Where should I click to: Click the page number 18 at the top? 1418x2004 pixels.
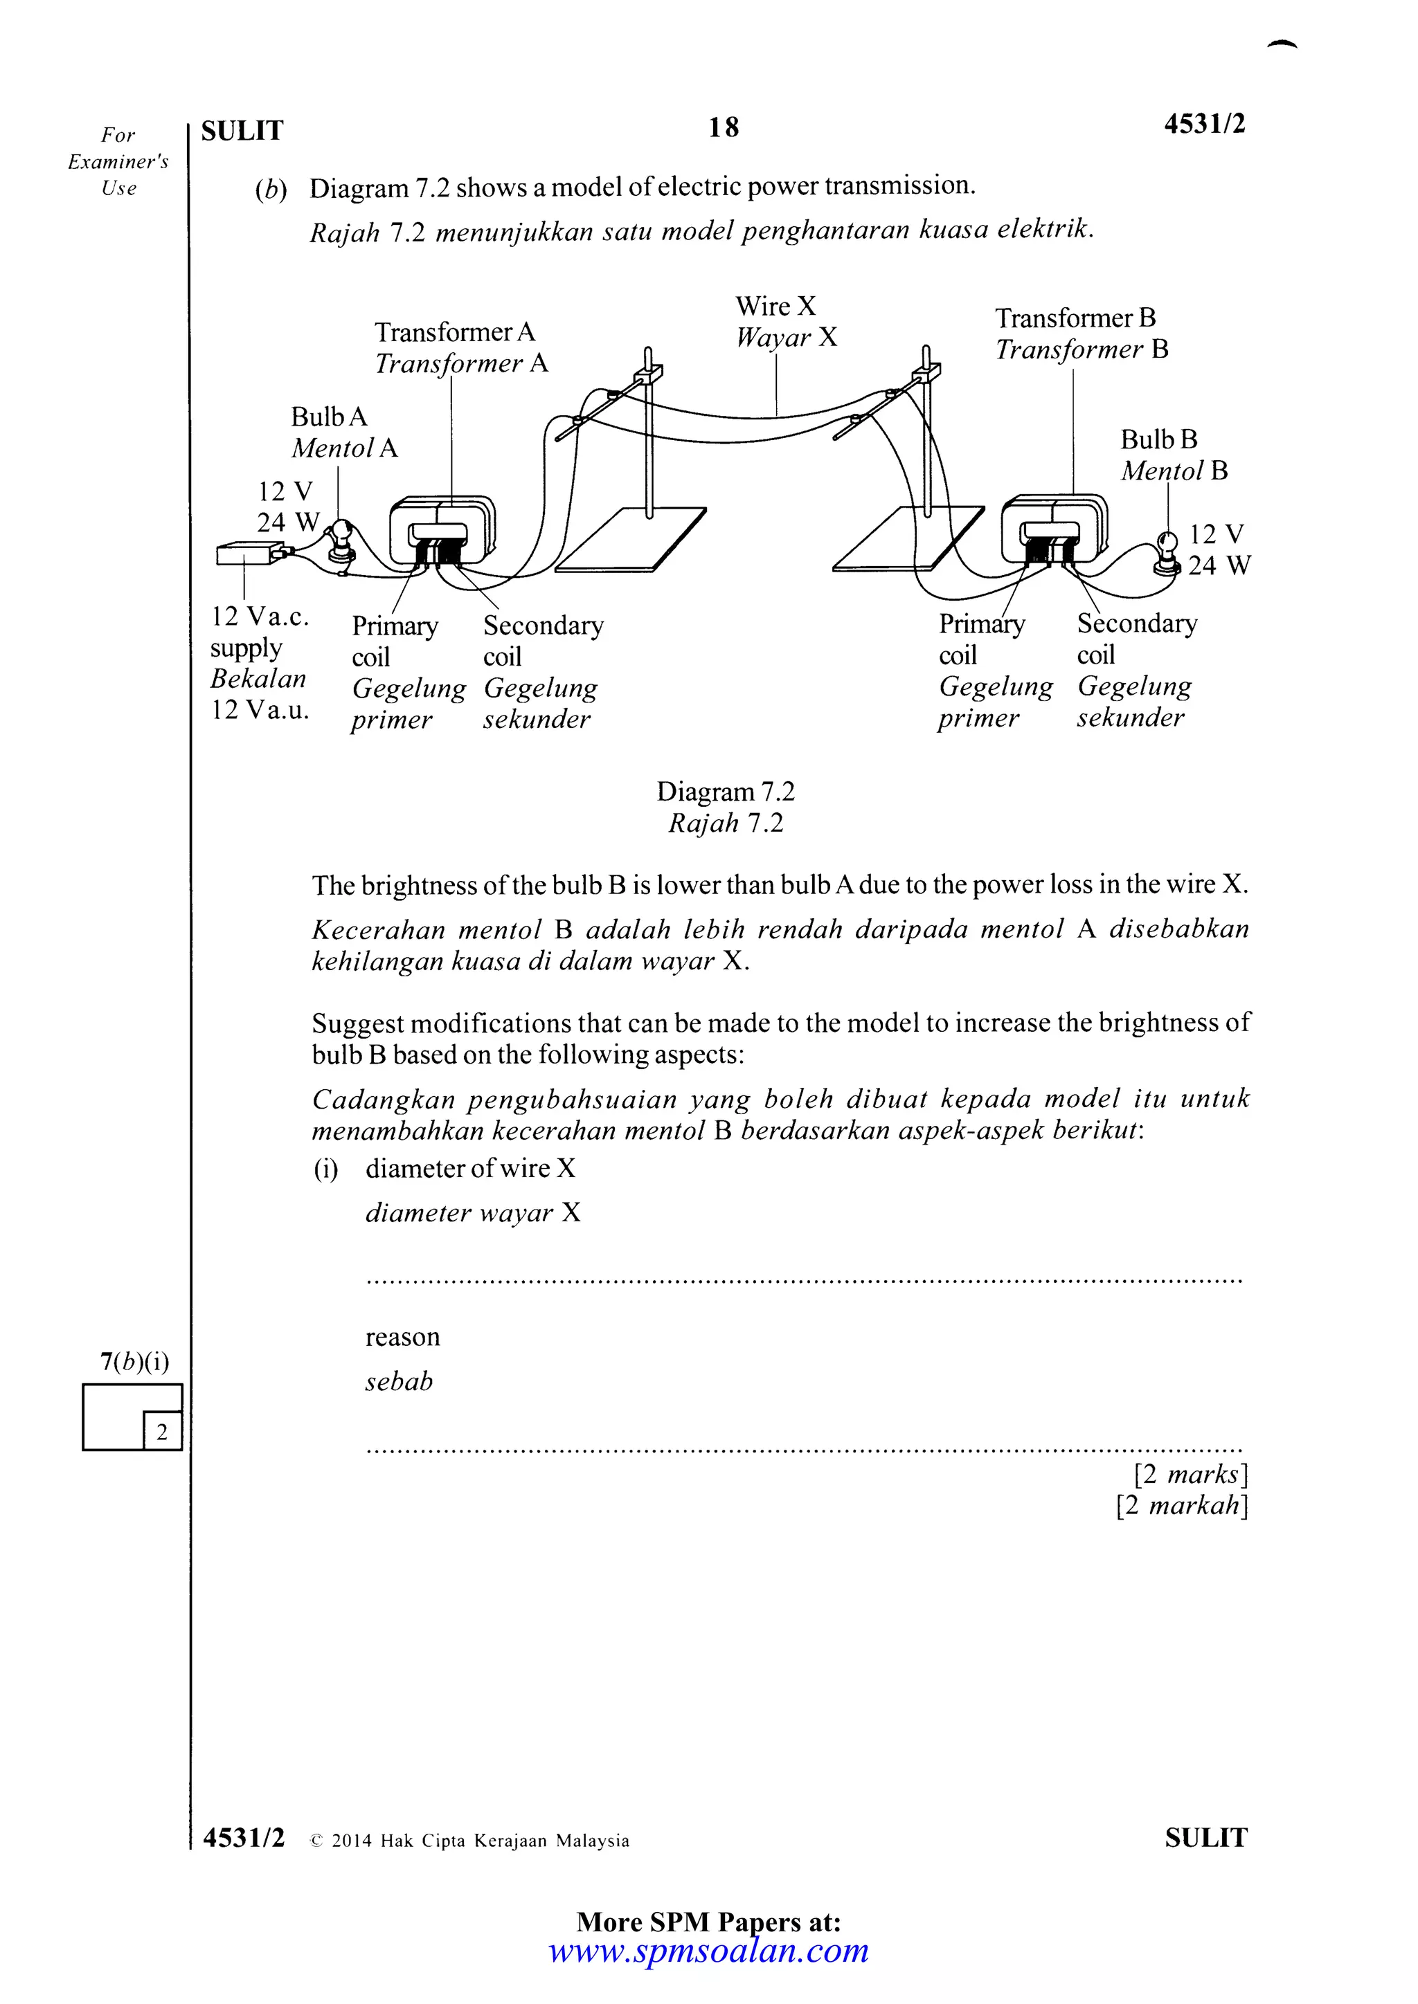[x=723, y=127]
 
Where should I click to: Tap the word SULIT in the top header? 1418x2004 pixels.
[x=242, y=131]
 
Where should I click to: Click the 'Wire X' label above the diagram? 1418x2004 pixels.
[x=775, y=307]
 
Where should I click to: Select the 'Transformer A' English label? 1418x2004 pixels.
[x=454, y=333]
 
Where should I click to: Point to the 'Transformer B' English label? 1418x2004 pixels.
[x=1075, y=318]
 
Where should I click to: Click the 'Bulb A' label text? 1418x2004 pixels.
[x=328, y=417]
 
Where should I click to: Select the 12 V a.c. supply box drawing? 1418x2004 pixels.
[x=248, y=554]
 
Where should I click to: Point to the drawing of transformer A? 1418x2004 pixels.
[x=442, y=532]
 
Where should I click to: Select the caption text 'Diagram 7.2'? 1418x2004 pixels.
[x=725, y=792]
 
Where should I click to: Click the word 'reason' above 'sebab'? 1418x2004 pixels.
[x=402, y=1337]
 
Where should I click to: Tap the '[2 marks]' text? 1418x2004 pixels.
[x=1190, y=1474]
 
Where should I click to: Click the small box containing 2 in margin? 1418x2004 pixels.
[x=161, y=1432]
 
